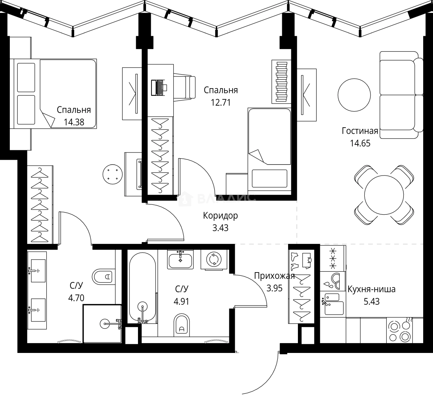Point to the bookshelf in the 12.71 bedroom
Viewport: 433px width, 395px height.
click(281, 81)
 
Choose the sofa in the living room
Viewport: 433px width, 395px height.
click(399, 95)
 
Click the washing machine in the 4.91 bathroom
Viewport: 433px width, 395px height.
click(214, 259)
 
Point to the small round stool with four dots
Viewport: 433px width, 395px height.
click(112, 173)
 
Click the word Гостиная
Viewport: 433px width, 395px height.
click(360, 131)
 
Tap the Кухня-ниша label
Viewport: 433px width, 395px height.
click(371, 290)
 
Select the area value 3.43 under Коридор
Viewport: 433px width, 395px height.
click(220, 228)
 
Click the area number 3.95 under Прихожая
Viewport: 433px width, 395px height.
click(274, 288)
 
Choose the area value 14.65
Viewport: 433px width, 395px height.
click(360, 143)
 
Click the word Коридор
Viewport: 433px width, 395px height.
click(220, 215)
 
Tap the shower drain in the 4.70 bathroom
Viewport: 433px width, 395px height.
click(104, 323)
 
